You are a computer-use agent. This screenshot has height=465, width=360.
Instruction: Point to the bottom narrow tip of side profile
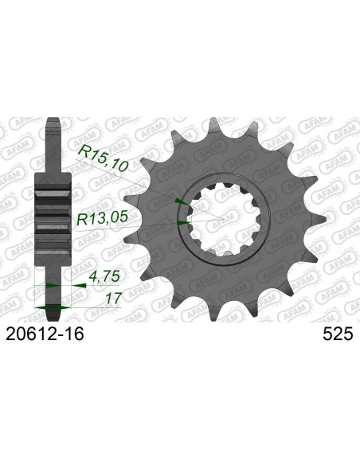pos(53,295)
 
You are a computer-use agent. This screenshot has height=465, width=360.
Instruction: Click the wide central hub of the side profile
pos(53,212)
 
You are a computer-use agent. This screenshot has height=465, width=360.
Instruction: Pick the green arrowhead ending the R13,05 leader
pos(184,225)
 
